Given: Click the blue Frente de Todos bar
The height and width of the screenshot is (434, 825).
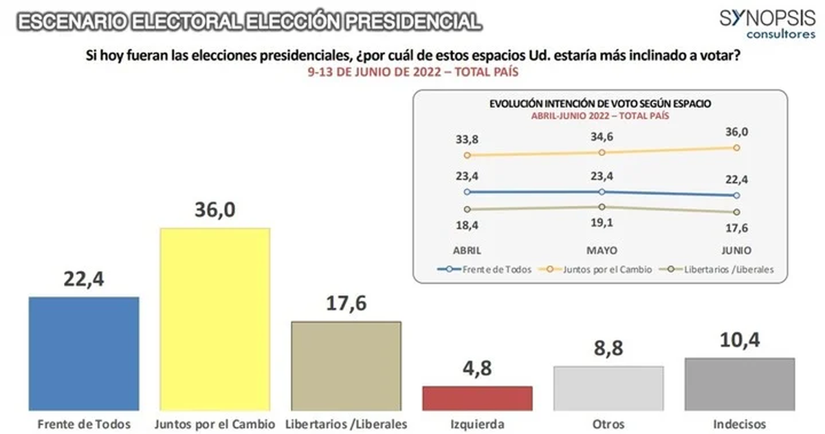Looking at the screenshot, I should point(84,353).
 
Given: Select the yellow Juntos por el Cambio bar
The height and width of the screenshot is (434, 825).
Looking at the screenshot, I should point(215,319).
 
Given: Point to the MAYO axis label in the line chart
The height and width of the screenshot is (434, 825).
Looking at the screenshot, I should point(602,249).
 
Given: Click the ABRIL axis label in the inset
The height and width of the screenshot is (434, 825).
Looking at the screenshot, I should point(467,249).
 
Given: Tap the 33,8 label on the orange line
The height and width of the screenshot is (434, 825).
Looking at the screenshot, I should point(467,140).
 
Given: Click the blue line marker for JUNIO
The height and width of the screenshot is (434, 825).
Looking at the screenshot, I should point(737,196).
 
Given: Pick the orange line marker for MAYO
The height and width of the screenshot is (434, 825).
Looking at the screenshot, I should point(602,152).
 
